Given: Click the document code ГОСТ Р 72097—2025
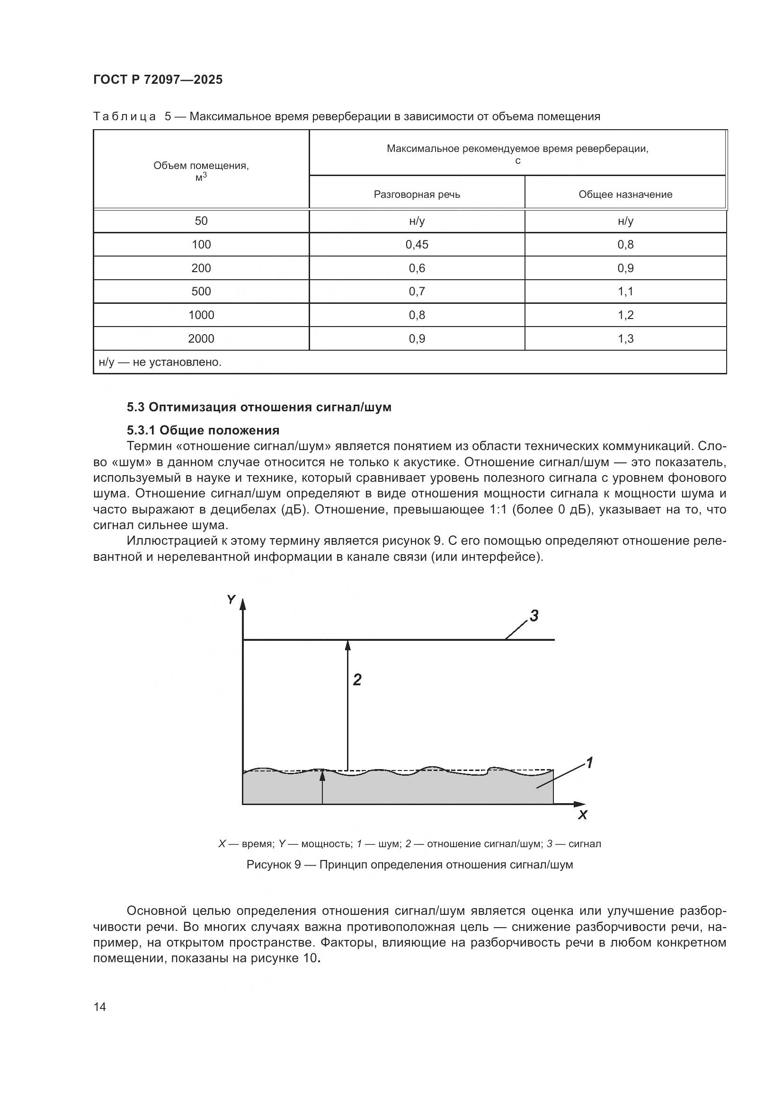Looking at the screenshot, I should [x=158, y=80].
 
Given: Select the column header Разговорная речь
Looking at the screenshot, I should [x=417, y=195].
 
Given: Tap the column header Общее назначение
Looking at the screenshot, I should [x=625, y=195].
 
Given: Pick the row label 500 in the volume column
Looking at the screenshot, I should [x=201, y=291].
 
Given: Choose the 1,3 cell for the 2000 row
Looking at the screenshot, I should [x=625, y=338].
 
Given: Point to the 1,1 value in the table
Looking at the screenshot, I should [x=625, y=291].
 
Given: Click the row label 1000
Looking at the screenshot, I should [x=201, y=315].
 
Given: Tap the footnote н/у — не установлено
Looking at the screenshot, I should [x=160, y=362].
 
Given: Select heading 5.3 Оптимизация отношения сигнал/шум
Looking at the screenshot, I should [x=259, y=407].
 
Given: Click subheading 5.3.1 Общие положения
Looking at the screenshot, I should [x=203, y=430].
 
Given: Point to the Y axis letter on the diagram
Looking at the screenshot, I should [x=231, y=600].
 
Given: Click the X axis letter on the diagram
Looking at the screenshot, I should [x=582, y=815].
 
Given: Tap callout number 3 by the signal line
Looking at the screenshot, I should [x=534, y=616].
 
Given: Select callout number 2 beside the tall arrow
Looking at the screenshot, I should [x=357, y=680].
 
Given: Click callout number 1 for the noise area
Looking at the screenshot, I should [x=589, y=762].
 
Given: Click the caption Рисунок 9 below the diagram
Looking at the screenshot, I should [x=409, y=865].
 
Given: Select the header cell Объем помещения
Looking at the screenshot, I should [x=201, y=170].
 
